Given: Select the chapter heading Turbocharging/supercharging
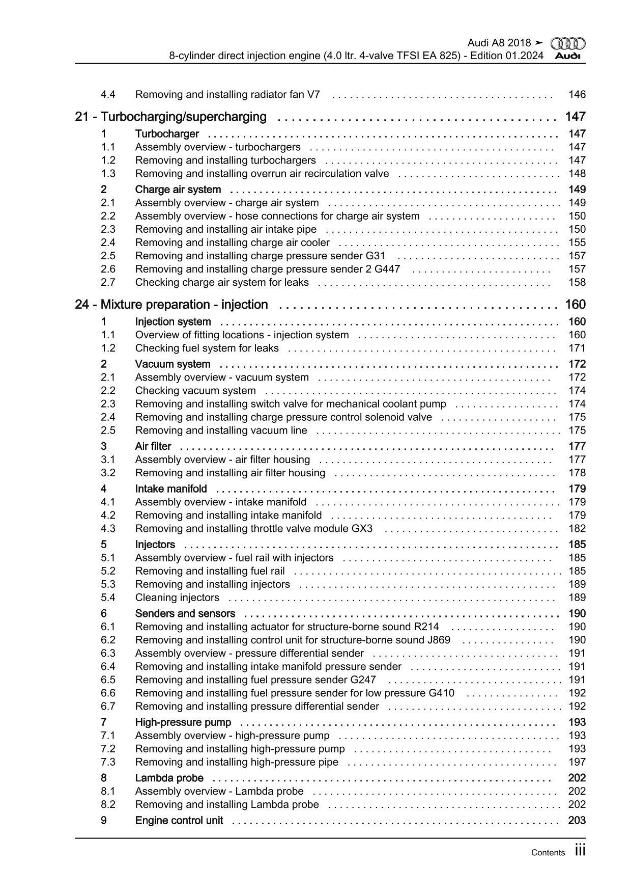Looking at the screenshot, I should point(183,117).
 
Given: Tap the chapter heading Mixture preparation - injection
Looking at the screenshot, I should point(184,305).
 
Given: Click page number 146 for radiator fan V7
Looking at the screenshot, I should point(577,94).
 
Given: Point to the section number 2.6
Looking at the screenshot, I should point(108,269).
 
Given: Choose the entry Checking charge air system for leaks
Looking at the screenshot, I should point(222,282).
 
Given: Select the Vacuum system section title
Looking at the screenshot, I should point(173,364).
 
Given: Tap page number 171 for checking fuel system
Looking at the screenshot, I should point(577,348).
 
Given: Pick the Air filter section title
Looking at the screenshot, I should point(153,446).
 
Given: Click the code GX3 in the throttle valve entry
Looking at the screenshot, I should point(362,528).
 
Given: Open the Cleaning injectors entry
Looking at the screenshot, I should point(177,598).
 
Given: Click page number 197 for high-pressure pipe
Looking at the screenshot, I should point(577,762).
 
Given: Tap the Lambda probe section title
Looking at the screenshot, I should point(169,778).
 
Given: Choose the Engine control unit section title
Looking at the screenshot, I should point(179,821).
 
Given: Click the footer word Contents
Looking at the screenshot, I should point(548,853).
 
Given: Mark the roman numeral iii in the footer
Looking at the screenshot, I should point(580,851).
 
